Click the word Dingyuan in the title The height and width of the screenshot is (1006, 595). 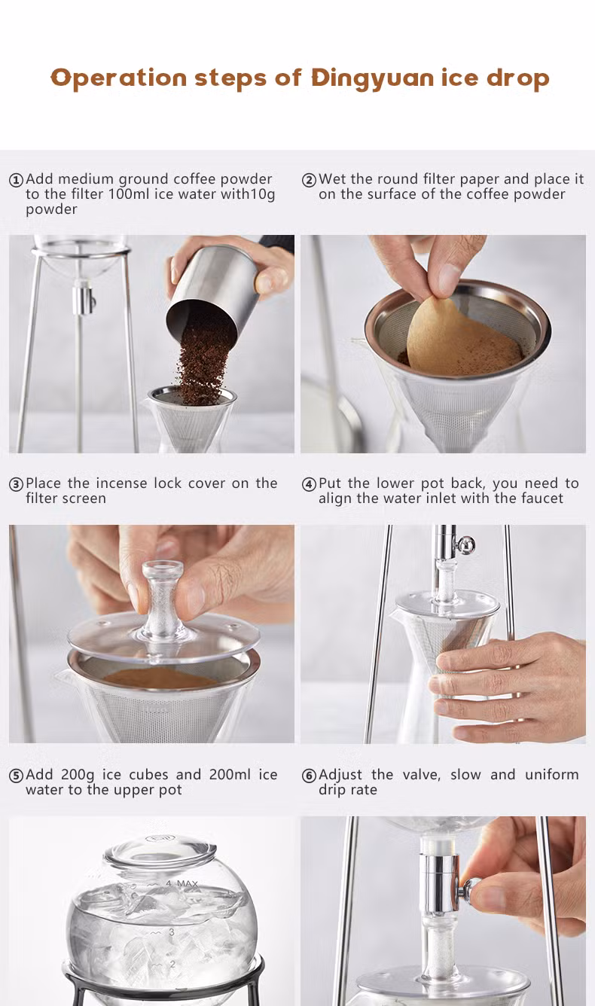374,79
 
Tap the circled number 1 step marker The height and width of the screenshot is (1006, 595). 16,180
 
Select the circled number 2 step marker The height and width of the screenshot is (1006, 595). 309,180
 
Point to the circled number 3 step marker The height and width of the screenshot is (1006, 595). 16,485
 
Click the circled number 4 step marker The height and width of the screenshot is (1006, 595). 309,485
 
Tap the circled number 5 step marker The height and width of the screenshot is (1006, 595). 16,776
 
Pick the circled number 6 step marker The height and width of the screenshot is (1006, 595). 309,776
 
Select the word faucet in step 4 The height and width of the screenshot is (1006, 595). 542,498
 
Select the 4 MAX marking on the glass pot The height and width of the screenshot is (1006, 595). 182,884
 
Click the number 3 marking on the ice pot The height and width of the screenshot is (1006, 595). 172,933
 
